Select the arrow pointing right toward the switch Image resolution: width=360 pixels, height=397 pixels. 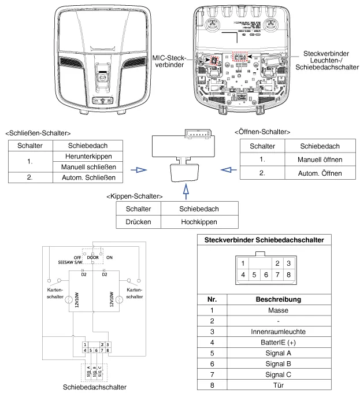click(x=138, y=170)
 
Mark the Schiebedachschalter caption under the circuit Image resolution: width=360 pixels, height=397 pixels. click(x=94, y=388)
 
